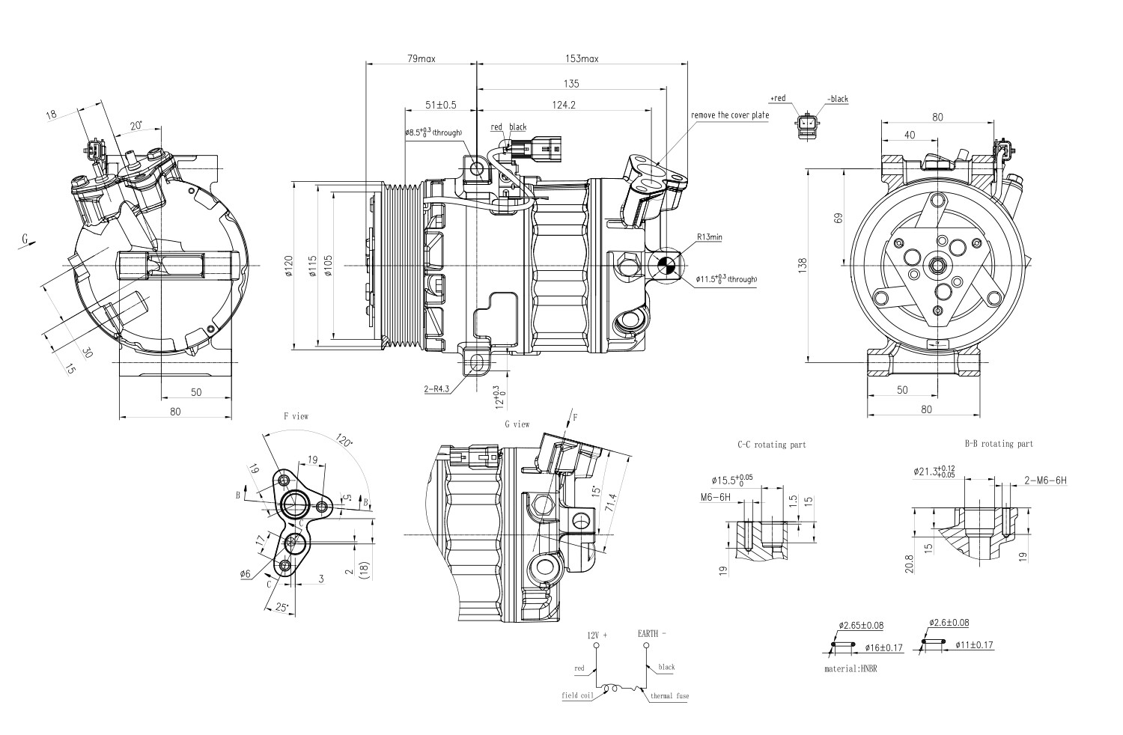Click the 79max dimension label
421,58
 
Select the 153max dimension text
581,58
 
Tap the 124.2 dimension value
563,105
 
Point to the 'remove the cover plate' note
730,116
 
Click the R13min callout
709,237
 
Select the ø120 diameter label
288,267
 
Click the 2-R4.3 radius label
436,389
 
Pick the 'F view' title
295,415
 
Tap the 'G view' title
517,424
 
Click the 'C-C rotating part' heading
771,445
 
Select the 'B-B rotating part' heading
999,444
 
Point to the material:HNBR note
850,668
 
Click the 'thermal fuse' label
669,696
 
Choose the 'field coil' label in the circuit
577,695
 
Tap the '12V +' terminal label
597,635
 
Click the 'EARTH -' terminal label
651,634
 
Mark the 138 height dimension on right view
803,264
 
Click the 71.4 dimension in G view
611,501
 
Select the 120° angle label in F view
344,440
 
